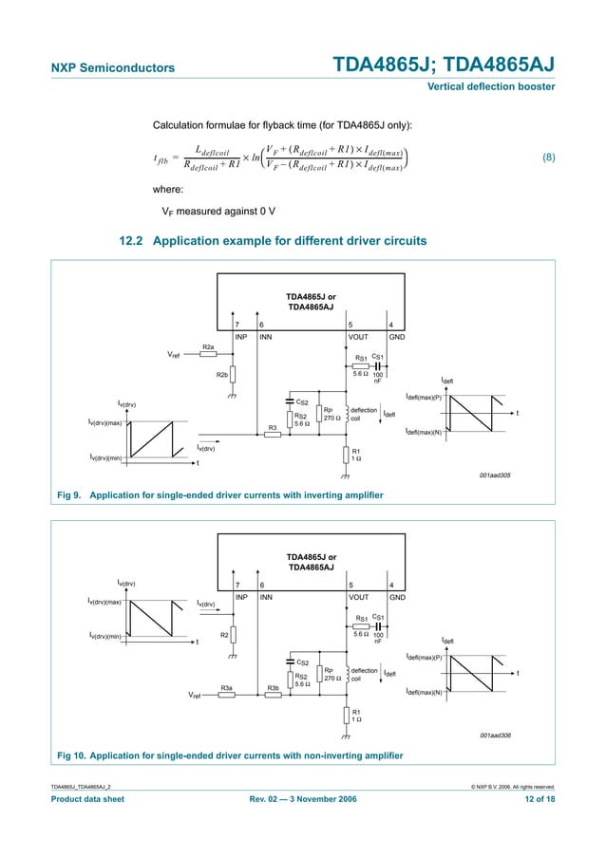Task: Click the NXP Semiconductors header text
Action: tap(112, 67)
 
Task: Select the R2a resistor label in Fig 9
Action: tap(208, 347)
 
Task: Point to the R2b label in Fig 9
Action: tap(221, 376)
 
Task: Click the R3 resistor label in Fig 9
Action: tap(272, 428)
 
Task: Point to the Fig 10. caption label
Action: tap(72, 755)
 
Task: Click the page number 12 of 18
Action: tap(534, 800)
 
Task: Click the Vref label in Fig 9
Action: tap(174, 355)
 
